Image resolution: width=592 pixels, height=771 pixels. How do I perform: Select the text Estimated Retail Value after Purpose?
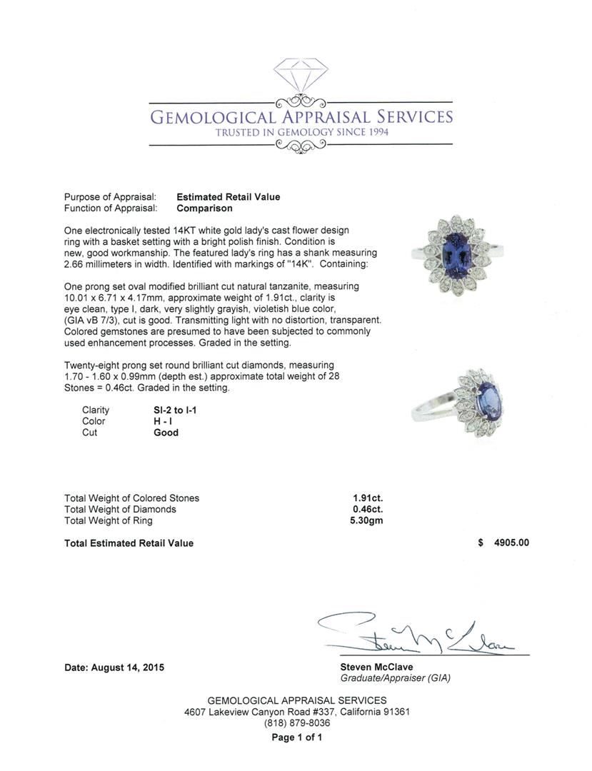(x=229, y=197)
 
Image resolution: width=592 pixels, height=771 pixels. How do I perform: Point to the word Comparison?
(x=205, y=208)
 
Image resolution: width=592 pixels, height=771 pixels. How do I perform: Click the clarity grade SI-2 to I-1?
(x=176, y=410)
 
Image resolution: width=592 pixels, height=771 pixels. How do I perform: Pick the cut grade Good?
(x=166, y=433)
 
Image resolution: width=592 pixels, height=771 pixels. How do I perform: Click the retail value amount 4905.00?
(x=506, y=543)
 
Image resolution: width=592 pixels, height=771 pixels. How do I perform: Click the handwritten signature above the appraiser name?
(x=421, y=633)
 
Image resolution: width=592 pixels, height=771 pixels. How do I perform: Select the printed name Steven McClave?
(x=376, y=667)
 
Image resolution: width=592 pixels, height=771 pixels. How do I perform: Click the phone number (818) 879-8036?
(x=296, y=723)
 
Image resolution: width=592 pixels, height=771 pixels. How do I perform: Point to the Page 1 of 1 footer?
(x=296, y=737)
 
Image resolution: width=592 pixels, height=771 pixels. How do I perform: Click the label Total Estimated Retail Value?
(x=129, y=543)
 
